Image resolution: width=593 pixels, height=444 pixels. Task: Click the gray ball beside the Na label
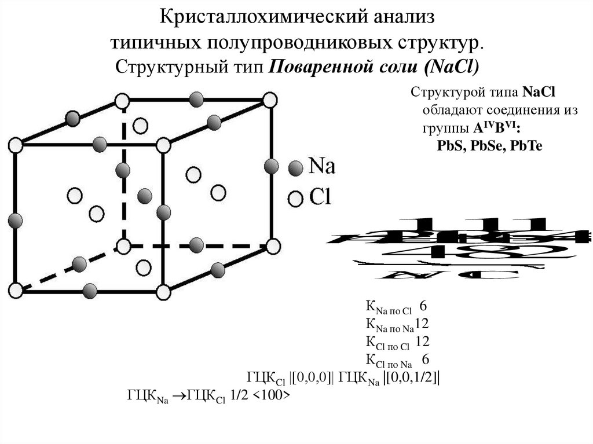click(x=296, y=168)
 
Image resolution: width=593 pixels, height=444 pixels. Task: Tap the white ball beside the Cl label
click(x=296, y=199)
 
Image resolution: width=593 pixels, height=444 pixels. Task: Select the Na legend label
click(x=321, y=167)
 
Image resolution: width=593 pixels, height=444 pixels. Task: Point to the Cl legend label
click(x=320, y=197)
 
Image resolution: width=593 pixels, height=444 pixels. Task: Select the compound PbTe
click(x=524, y=145)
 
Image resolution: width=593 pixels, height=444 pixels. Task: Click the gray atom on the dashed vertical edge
click(x=122, y=170)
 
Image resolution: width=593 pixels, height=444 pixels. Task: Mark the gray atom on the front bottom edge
click(x=89, y=290)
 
